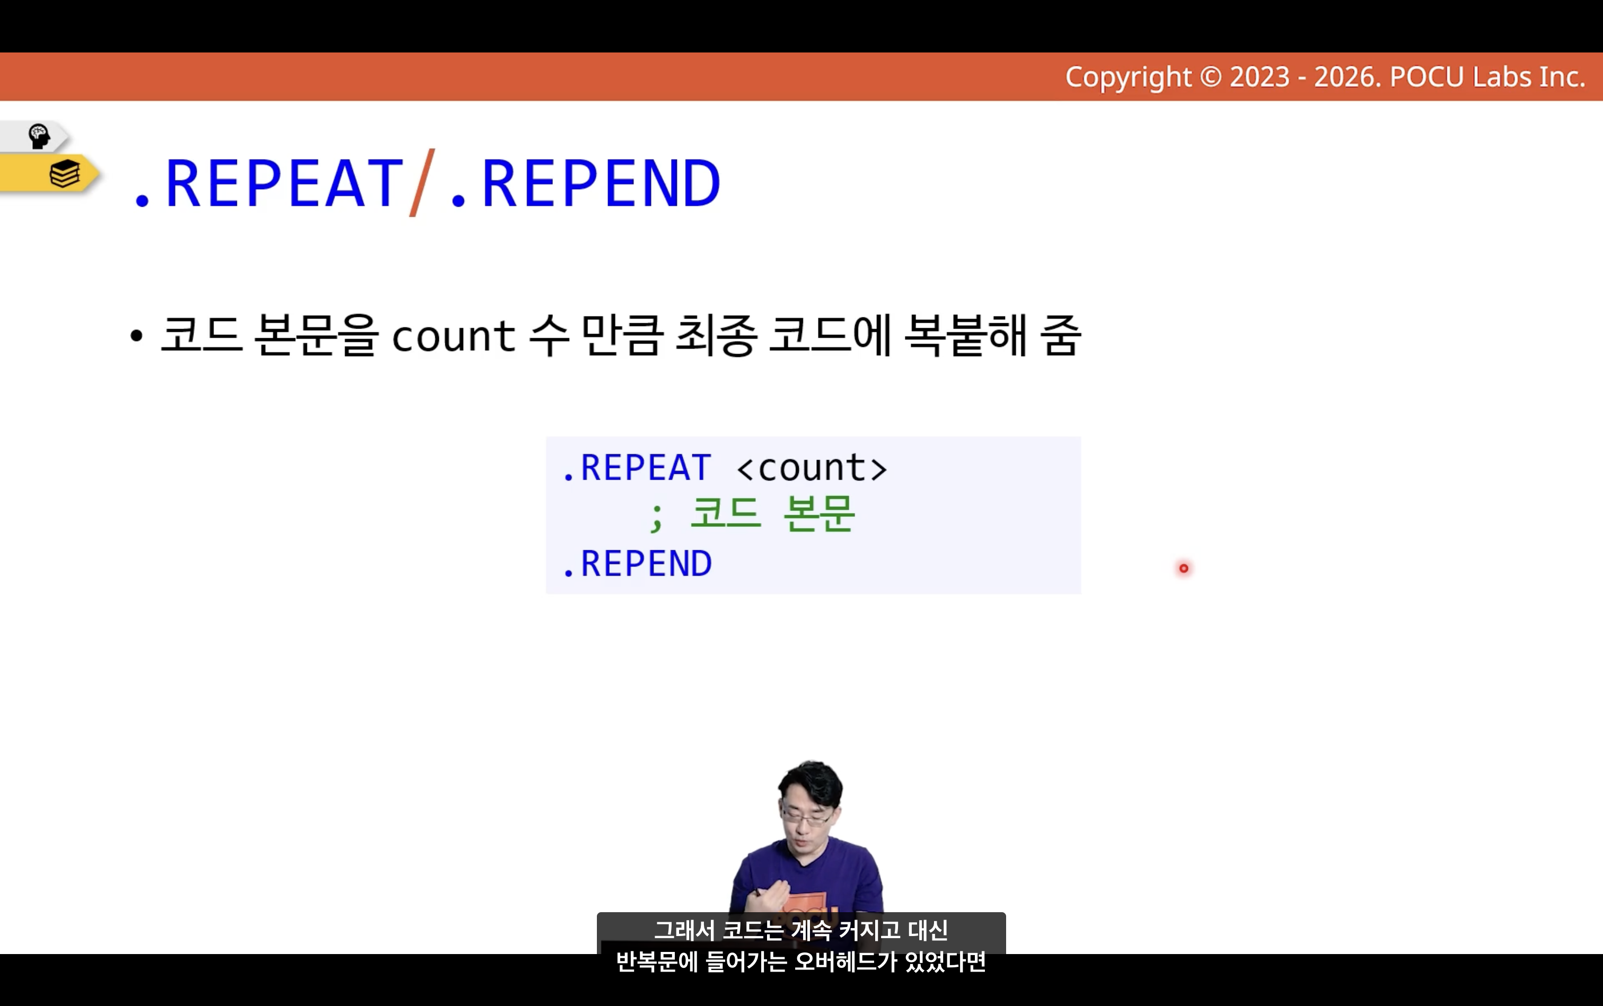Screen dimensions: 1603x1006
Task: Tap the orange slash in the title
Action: tap(422, 182)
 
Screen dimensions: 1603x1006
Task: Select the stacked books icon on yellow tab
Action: tap(65, 174)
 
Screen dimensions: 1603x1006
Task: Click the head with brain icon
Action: tap(39, 136)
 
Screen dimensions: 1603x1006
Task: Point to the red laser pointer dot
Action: tap(1183, 568)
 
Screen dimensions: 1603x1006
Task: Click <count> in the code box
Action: tap(812, 467)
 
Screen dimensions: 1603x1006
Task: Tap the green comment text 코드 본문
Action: tap(772, 514)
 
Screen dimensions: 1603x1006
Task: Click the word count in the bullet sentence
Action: tap(453, 336)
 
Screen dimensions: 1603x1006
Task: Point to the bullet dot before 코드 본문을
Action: tap(136, 336)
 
